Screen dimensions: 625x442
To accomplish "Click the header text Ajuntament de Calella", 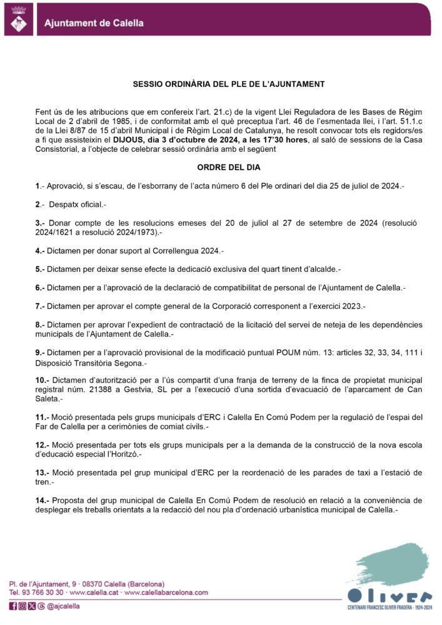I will [94, 24].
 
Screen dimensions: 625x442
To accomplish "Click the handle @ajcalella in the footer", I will [64, 606].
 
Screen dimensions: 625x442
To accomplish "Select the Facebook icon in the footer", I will [13, 606].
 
